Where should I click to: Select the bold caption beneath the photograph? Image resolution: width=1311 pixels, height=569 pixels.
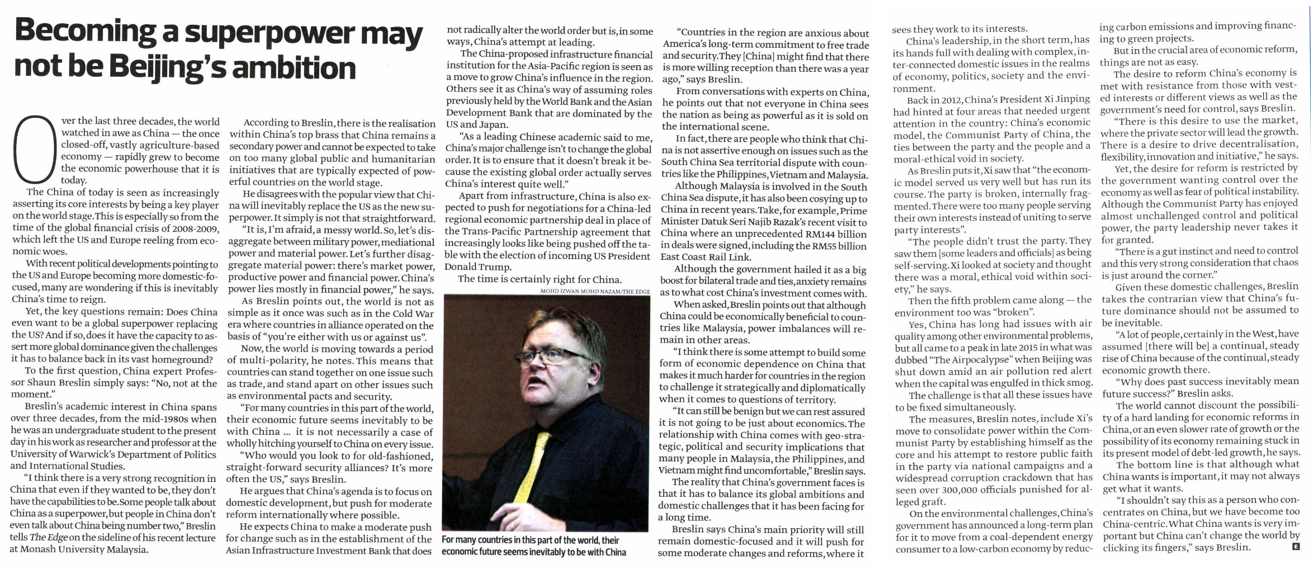pos(534,546)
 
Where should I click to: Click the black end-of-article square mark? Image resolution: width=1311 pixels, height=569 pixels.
pos(1296,547)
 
